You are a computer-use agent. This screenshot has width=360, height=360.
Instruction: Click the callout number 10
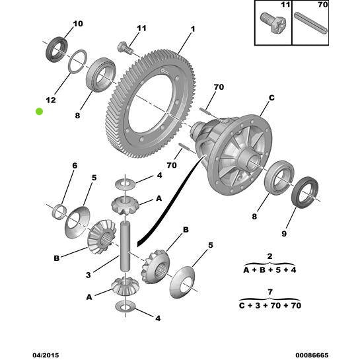78,24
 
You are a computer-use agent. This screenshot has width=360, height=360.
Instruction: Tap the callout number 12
51,100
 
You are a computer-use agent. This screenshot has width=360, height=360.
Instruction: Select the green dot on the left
40,112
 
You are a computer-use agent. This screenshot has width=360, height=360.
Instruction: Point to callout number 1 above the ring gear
193,29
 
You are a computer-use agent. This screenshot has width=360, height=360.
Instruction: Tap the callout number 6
75,165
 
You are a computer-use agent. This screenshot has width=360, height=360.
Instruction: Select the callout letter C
271,98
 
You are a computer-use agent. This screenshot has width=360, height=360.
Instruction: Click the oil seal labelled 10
55,49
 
